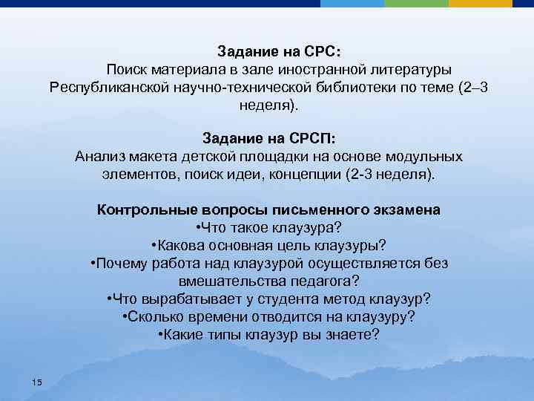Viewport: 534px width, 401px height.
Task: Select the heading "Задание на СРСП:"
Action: click(x=268, y=138)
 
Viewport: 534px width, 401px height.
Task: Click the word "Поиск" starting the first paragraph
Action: click(x=128, y=70)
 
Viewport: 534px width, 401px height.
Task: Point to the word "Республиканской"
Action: click(x=105, y=88)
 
